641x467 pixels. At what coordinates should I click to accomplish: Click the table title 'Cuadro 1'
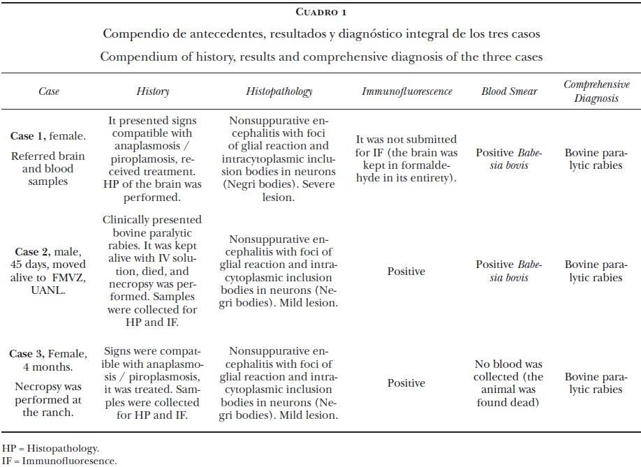click(321, 12)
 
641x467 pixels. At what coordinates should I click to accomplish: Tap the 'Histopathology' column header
click(279, 91)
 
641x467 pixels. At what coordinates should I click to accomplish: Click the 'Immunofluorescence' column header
click(407, 91)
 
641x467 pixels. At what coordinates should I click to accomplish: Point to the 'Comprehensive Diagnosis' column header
click(593, 91)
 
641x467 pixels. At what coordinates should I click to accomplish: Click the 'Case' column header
click(49, 91)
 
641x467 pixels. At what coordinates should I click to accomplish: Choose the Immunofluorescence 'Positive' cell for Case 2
click(406, 271)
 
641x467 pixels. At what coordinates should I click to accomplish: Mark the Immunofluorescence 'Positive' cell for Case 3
click(406, 383)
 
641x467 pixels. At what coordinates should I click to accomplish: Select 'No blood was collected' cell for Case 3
click(509, 383)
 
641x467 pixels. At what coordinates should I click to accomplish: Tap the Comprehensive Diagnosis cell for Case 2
click(593, 271)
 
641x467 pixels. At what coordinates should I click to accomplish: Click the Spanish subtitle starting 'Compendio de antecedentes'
click(320, 34)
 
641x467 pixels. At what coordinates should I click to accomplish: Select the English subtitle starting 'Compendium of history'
click(320, 56)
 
